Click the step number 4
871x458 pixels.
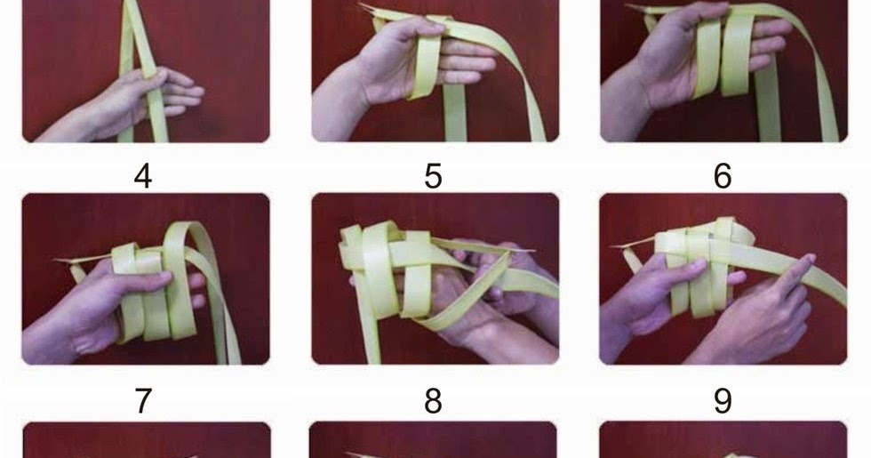click(x=142, y=176)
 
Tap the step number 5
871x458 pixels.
click(x=433, y=176)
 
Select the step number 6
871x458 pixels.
click(x=723, y=176)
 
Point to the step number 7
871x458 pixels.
click(x=142, y=401)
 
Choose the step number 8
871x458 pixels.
click(x=433, y=401)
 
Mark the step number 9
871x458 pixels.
click(x=723, y=401)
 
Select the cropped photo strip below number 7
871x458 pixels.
click(x=146, y=441)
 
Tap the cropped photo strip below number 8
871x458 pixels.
click(x=433, y=441)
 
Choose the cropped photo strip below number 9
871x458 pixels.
click(x=723, y=441)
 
